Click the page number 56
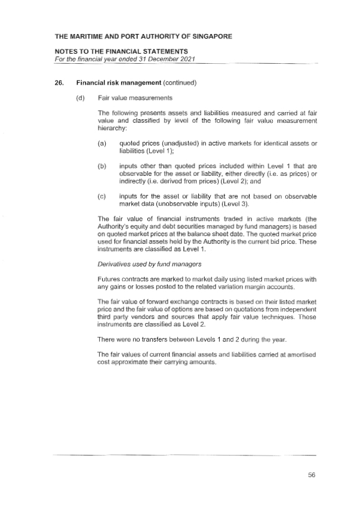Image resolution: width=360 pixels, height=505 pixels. [311, 475]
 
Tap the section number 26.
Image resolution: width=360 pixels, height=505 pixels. [41, 82]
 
